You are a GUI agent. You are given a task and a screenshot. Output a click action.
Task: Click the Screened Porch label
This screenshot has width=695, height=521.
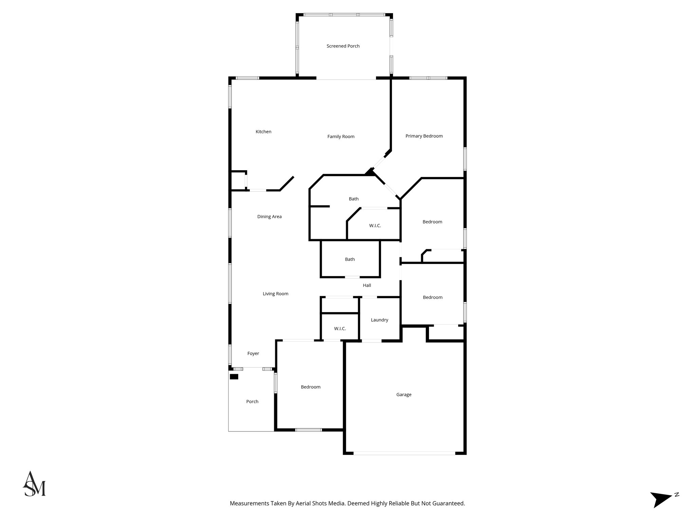343,46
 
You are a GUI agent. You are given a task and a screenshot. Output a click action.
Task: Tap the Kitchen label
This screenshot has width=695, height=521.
263,132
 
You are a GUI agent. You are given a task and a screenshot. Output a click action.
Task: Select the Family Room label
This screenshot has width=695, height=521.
341,137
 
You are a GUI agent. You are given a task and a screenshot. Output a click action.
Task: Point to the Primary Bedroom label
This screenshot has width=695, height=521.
424,136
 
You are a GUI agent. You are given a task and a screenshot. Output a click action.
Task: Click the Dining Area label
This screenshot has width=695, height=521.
269,217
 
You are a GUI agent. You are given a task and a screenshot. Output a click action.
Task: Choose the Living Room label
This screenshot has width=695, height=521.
275,294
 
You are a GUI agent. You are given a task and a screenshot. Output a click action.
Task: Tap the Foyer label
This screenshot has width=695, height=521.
253,353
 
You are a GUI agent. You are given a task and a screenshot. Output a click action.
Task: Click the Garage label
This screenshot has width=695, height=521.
403,394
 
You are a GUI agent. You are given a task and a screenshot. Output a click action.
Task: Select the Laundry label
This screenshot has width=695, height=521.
379,320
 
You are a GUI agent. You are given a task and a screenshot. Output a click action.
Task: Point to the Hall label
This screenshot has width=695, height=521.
367,286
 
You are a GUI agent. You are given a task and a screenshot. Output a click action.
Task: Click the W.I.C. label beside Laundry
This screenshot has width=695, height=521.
340,329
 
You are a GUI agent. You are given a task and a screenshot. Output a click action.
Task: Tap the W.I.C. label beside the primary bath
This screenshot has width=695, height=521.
375,226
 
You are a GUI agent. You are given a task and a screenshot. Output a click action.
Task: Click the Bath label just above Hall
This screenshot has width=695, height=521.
350,259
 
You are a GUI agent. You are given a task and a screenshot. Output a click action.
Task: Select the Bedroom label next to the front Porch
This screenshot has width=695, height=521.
310,387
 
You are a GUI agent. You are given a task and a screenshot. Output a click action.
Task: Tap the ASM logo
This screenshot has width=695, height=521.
34,484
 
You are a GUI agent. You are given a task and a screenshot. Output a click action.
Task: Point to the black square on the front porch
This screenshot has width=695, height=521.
234,377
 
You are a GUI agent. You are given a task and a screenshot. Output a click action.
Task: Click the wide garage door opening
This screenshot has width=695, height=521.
404,453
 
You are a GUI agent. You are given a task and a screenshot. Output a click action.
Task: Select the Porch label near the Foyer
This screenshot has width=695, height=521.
252,402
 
